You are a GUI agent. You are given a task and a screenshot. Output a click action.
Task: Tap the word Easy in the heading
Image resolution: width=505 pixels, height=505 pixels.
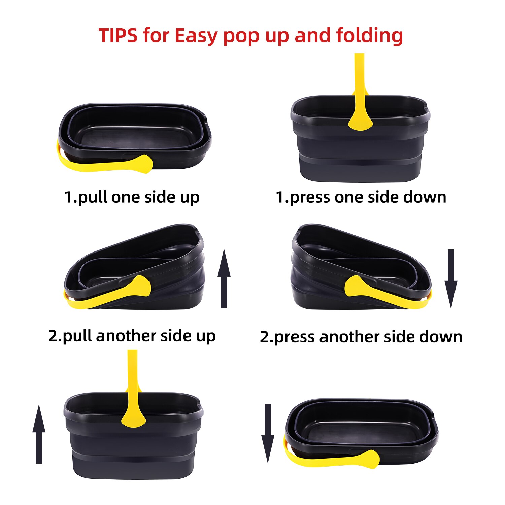click(196, 36)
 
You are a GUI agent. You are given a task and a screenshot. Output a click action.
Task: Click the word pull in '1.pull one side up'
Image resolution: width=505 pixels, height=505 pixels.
click(92, 197)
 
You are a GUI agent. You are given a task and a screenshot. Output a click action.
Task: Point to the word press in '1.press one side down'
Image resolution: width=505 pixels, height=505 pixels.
click(309, 197)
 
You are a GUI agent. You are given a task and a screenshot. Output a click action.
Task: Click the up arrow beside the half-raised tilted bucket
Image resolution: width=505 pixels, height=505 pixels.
click(224, 279)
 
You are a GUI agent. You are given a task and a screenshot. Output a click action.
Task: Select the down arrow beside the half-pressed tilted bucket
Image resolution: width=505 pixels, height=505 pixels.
click(451, 279)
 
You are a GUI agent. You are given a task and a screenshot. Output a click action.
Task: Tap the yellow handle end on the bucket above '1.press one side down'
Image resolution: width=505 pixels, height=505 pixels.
click(360, 121)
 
